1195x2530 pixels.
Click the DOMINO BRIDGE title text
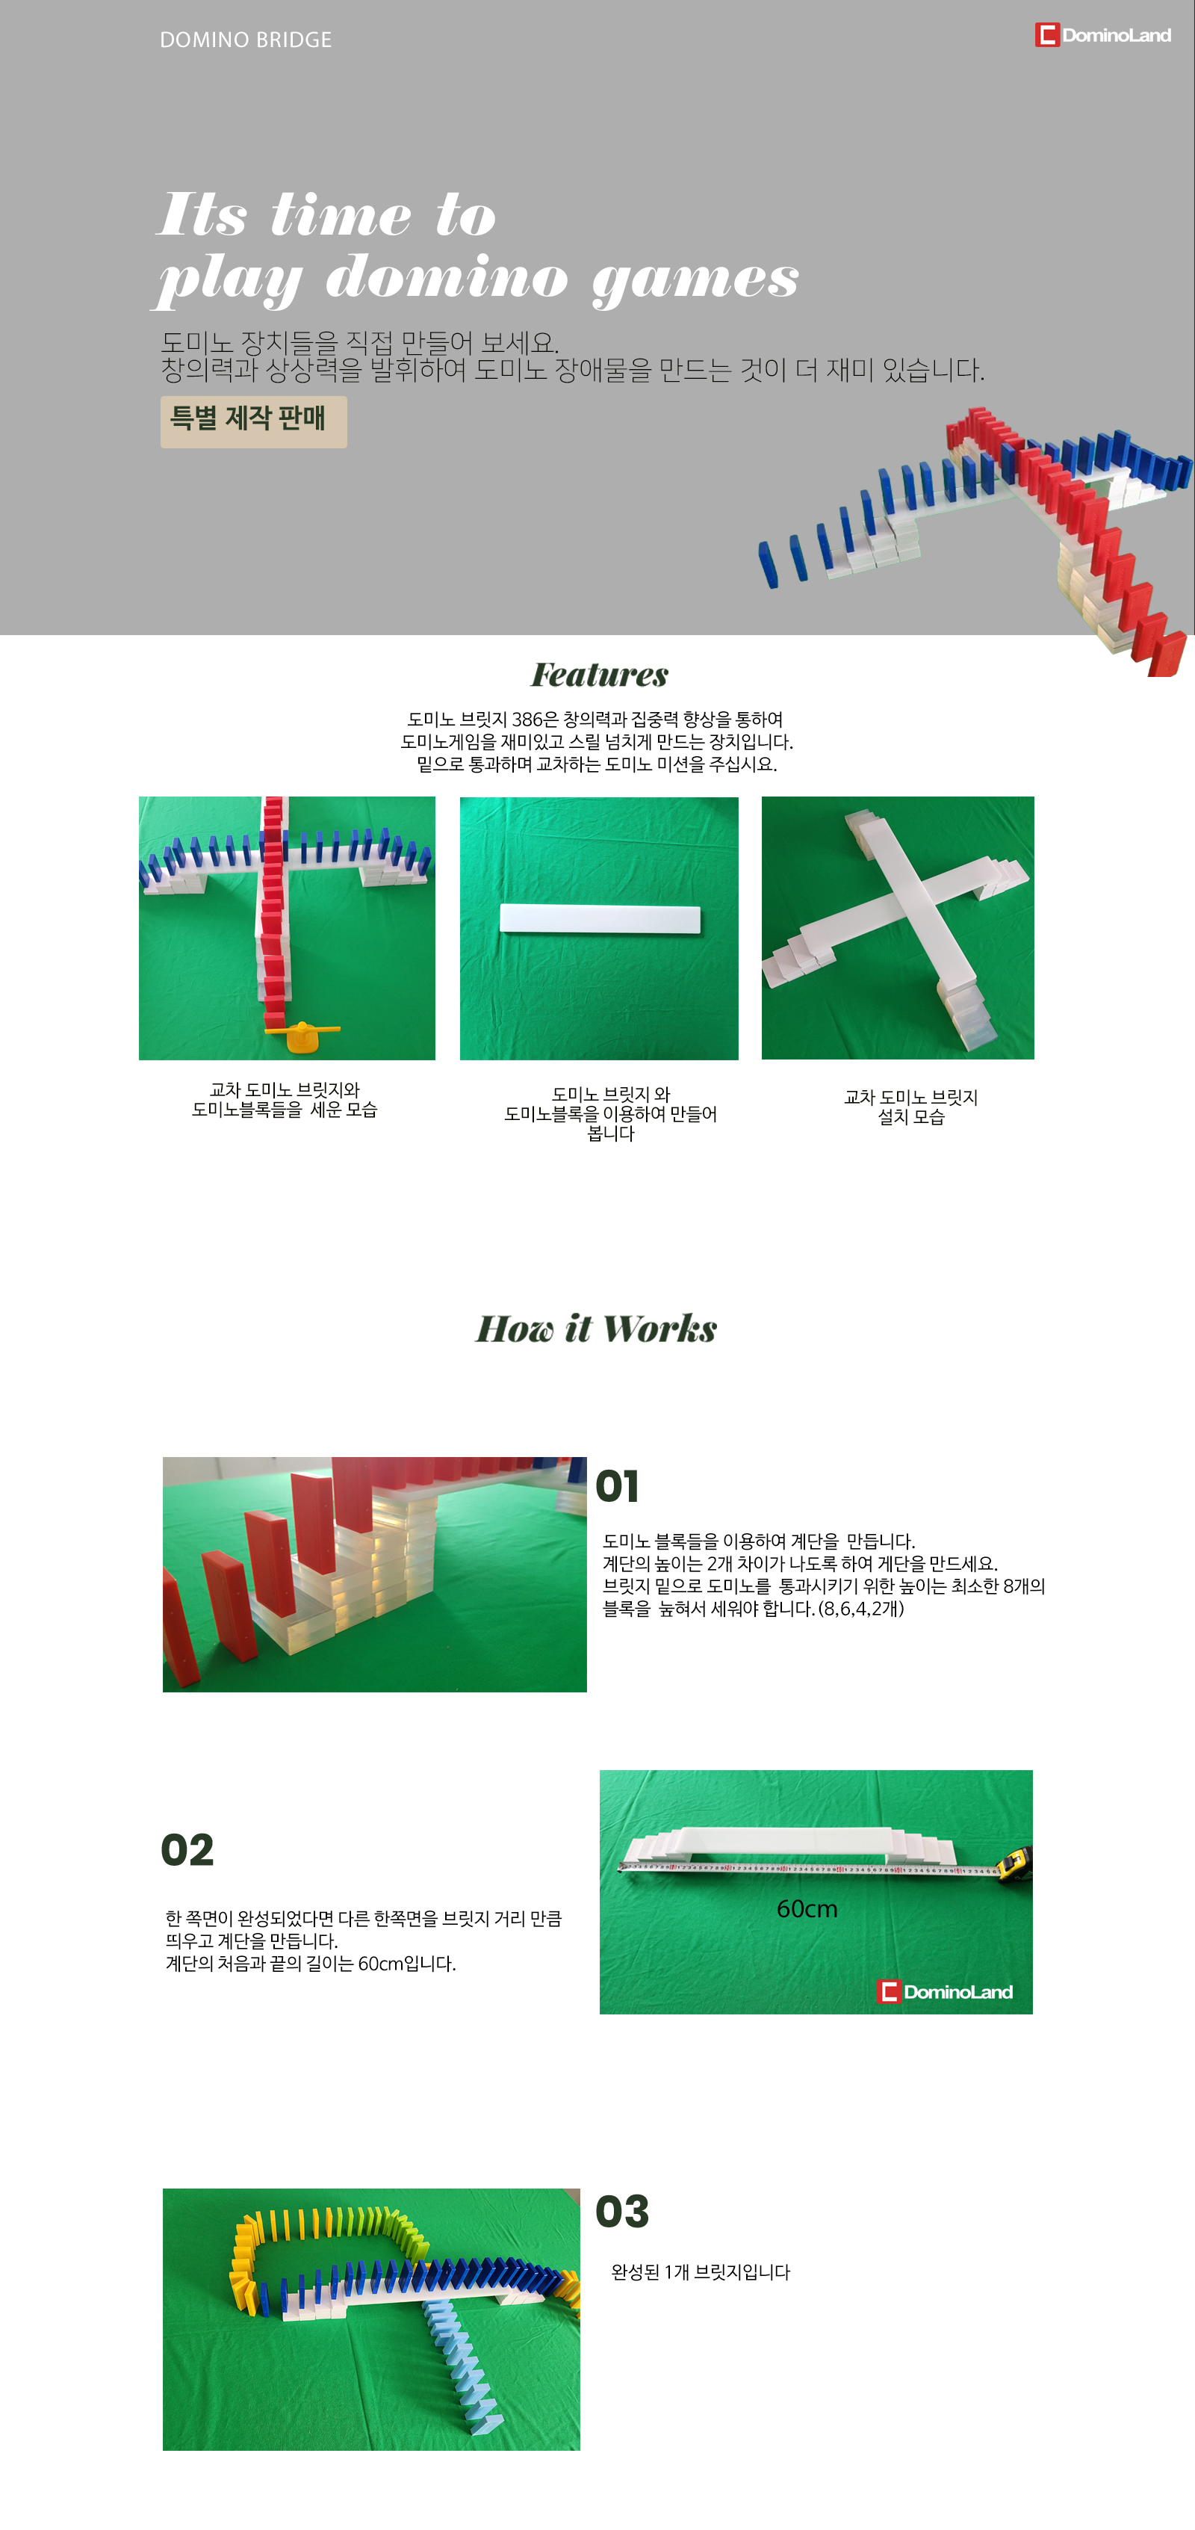(246, 40)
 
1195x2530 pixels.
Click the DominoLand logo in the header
(1102, 35)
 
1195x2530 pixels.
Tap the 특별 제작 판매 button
(253, 421)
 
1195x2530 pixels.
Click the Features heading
(600, 675)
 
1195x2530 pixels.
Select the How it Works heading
(597, 1329)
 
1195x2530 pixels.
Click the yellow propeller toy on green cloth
(302, 1034)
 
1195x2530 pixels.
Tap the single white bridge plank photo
(599, 928)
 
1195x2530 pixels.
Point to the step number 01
(618, 1486)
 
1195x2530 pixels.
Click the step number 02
(187, 1850)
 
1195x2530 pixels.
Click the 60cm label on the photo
(807, 1908)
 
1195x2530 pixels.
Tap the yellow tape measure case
(1014, 1862)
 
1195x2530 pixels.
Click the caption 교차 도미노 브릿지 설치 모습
(911, 1107)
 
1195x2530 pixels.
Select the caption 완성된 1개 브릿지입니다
(700, 2271)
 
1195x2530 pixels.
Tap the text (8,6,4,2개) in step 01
(861, 1609)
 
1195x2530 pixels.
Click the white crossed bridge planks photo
(898, 928)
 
